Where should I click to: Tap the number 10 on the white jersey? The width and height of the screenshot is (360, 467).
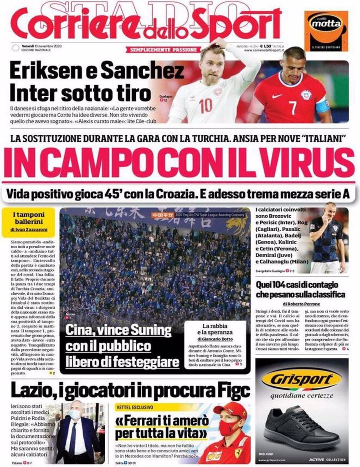pos(206,105)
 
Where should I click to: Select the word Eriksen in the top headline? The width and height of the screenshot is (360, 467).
pos(41,72)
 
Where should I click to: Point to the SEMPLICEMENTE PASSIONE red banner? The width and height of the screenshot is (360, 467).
pos(164,49)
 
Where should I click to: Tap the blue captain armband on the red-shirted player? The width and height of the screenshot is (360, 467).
pos(323,106)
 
